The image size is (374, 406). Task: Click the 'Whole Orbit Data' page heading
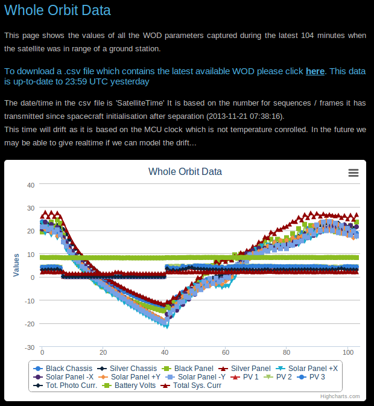(57, 11)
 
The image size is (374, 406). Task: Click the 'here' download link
(315, 71)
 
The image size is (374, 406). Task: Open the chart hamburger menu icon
(353, 173)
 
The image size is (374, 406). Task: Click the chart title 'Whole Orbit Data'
(185, 172)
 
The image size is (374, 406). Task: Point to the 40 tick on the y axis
(31, 185)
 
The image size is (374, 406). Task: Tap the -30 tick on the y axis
(30, 347)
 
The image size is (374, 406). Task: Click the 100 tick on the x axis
(346, 352)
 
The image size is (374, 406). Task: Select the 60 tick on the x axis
(225, 352)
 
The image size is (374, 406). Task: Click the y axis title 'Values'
(16, 266)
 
